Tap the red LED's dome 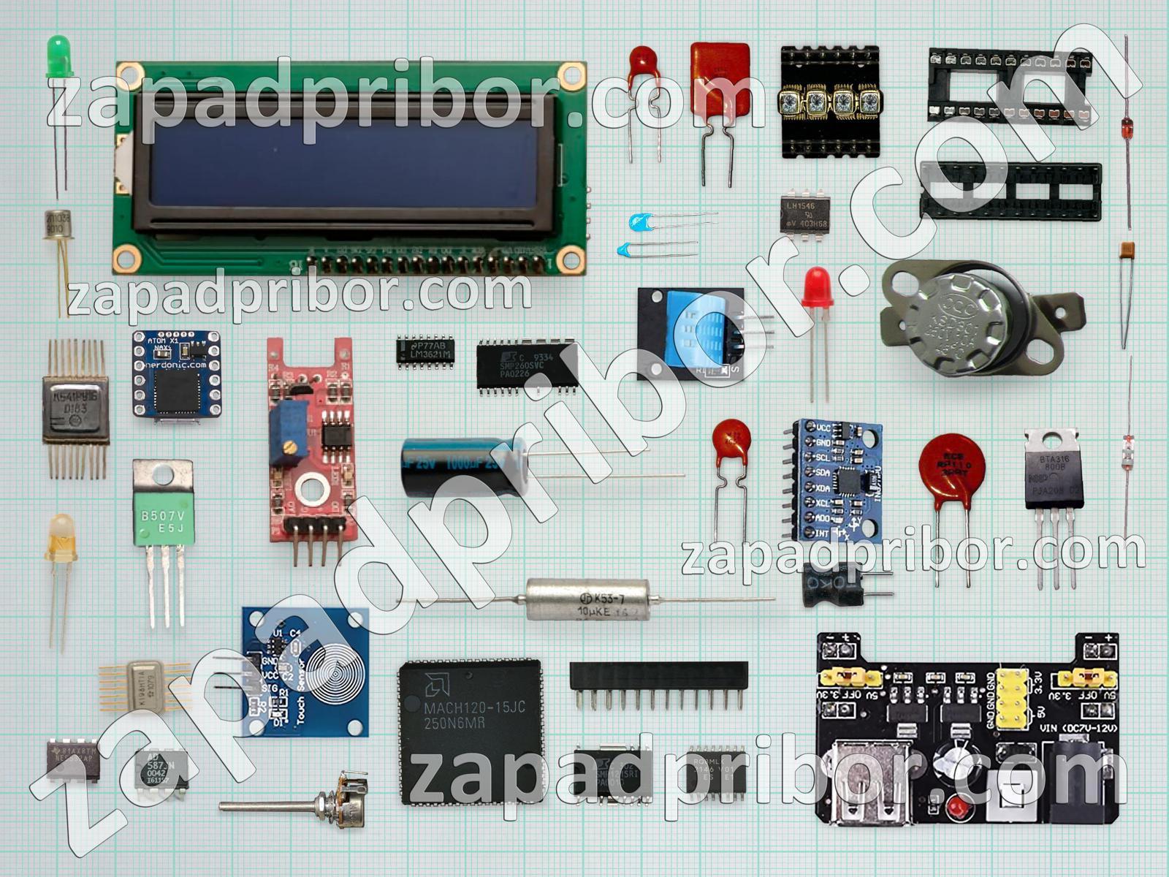[x=816, y=286]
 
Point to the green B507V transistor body [x=162, y=518]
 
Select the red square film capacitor [x=720, y=80]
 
